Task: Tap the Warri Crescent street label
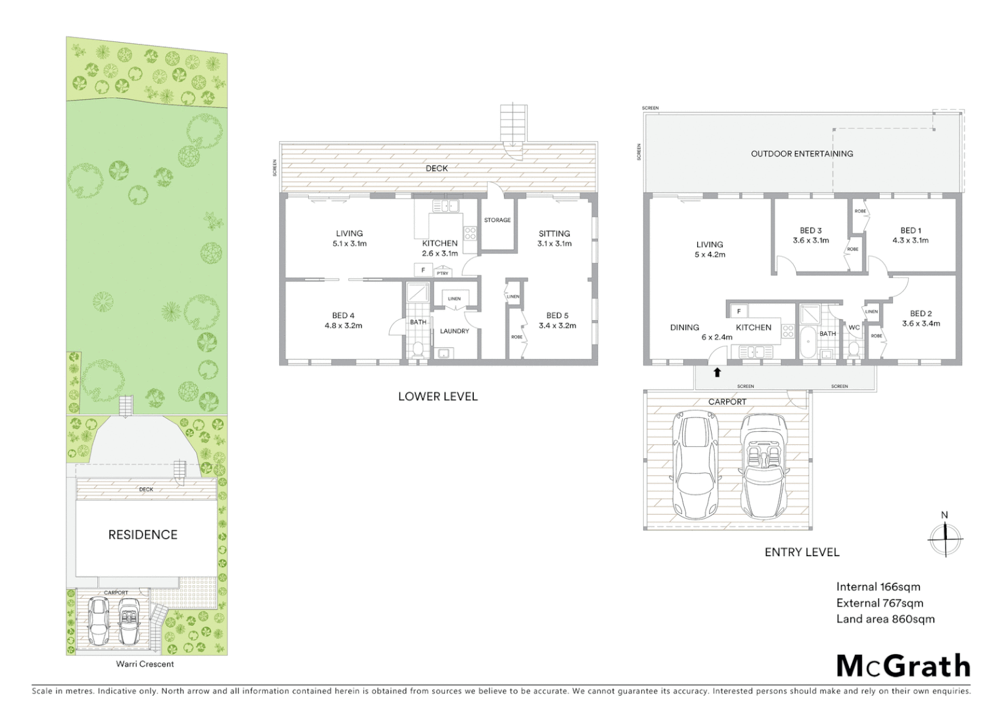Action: [145, 664]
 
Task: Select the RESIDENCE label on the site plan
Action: [143, 535]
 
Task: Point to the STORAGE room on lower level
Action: [497, 220]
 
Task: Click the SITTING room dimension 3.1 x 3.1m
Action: [554, 243]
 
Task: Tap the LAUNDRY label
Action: [454, 331]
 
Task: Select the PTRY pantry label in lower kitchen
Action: [442, 273]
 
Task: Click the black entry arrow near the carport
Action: [718, 373]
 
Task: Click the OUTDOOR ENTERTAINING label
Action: [802, 154]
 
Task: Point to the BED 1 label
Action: [910, 231]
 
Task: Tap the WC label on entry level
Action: [854, 327]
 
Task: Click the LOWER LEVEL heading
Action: [438, 396]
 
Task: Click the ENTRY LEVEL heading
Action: [802, 552]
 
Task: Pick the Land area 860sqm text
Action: [885, 619]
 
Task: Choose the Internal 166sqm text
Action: [878, 587]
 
